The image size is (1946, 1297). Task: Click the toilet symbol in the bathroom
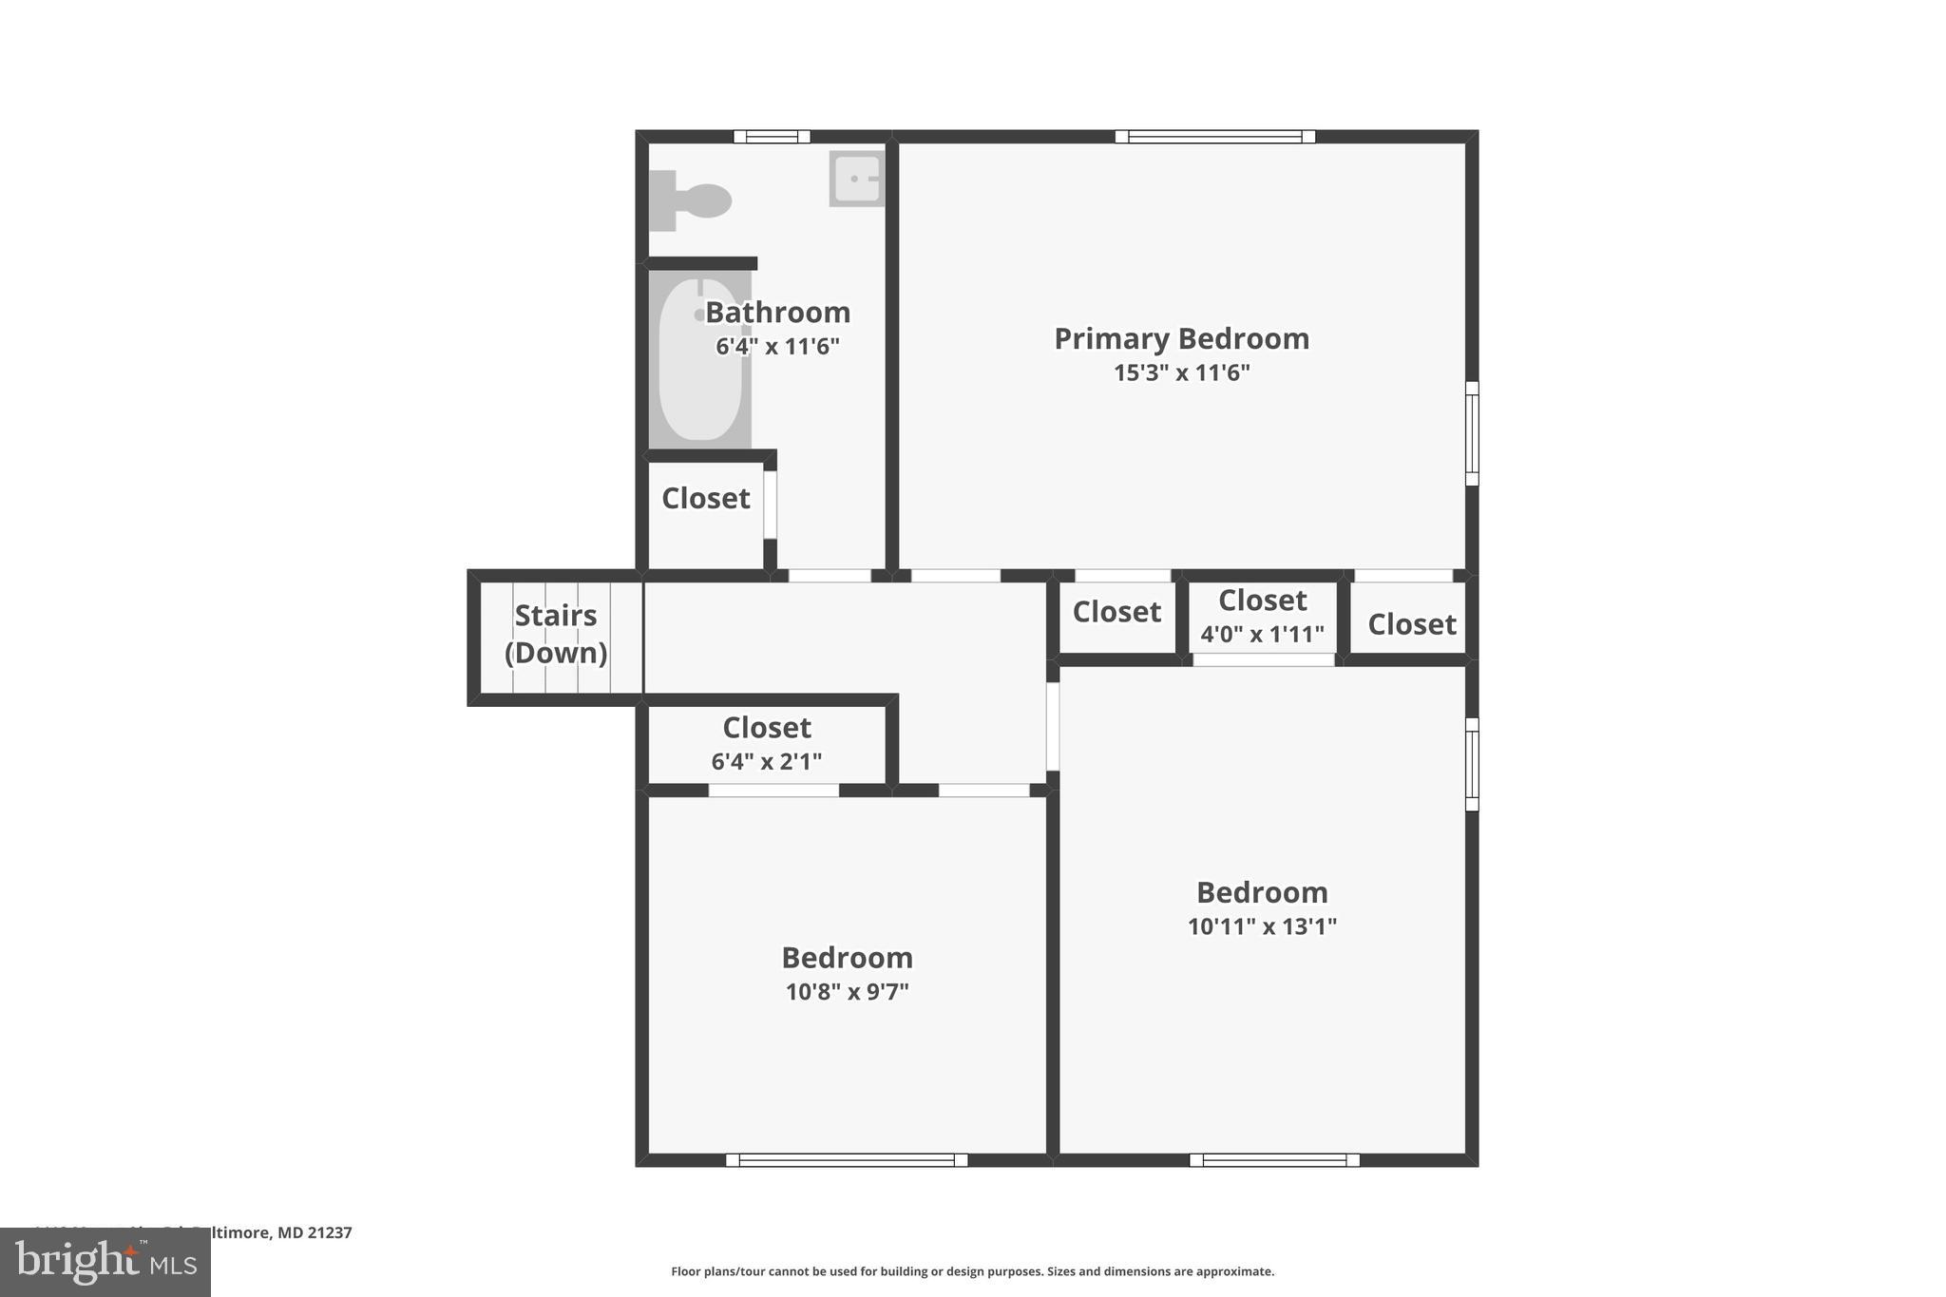coord(692,200)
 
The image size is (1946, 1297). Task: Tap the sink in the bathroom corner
coord(856,179)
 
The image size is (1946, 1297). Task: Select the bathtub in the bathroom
coord(700,359)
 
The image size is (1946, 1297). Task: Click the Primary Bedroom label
coord(1181,338)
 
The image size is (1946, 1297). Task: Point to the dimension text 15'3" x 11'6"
coord(1181,372)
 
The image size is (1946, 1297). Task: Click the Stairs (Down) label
coord(556,634)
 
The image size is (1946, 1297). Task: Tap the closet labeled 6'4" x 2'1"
coord(767,743)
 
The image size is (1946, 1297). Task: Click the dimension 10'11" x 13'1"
coord(1262,926)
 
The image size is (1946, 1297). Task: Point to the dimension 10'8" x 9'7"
coord(847,992)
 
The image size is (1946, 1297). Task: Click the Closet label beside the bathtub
coord(705,498)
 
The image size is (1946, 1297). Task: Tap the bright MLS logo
coord(105,1262)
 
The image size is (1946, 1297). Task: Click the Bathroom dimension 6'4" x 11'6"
coord(777,346)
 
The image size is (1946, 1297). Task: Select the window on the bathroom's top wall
coord(772,137)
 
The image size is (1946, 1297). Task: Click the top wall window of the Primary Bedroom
coord(1214,137)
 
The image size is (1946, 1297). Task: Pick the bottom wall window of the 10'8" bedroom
coord(847,1159)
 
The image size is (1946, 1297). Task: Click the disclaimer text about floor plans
coord(972,1271)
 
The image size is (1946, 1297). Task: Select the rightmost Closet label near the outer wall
coord(1411,624)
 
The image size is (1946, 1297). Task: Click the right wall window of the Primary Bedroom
coord(1471,433)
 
